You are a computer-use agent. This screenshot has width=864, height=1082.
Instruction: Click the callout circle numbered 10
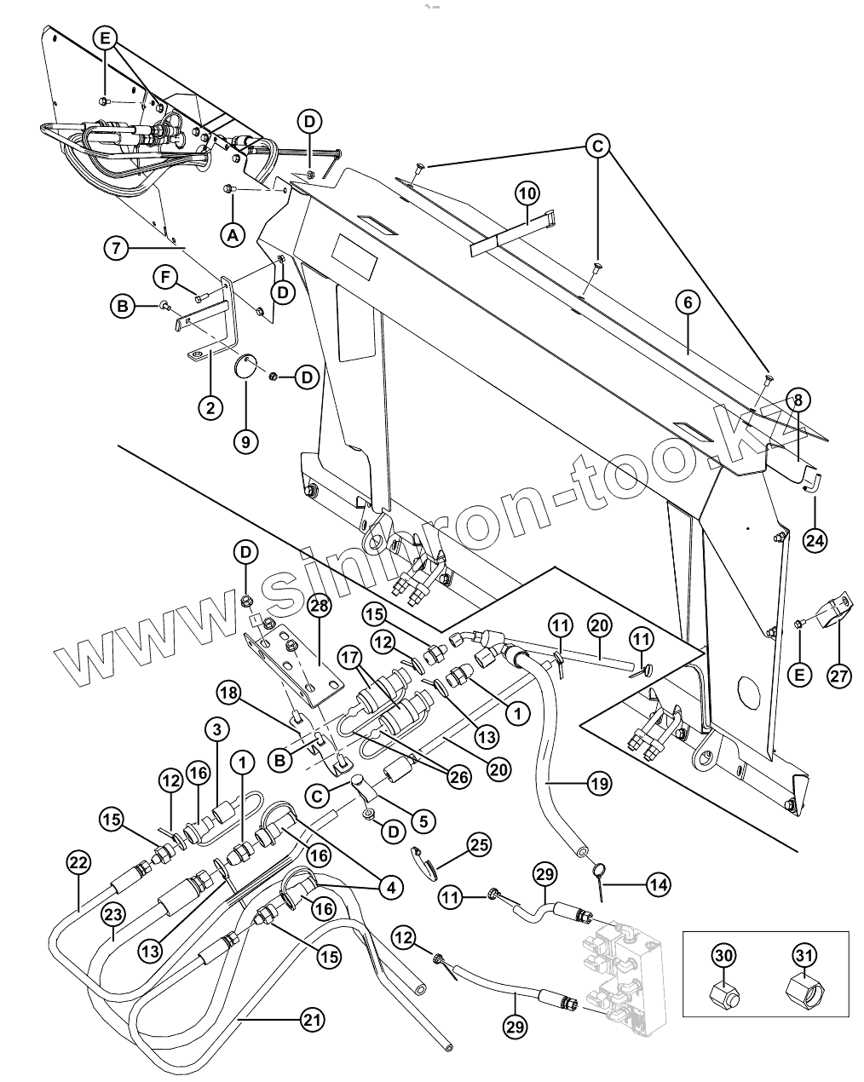point(527,193)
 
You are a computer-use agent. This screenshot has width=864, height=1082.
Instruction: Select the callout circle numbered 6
point(688,302)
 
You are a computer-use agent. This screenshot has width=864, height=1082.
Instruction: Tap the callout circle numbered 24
point(815,539)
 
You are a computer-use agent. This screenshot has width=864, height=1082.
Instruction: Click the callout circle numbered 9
point(245,440)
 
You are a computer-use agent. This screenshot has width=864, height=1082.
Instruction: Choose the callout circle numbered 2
point(210,406)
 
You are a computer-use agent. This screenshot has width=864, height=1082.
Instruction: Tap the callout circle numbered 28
point(319,606)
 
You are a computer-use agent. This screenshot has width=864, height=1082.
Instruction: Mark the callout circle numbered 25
point(480,846)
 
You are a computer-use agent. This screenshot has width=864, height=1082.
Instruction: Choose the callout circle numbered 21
point(313,1019)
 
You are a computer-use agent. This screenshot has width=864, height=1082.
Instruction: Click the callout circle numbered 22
point(78,862)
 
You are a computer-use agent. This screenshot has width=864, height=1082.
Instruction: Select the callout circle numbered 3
point(216,729)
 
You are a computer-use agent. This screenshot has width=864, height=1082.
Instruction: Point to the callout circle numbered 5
point(423,821)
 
